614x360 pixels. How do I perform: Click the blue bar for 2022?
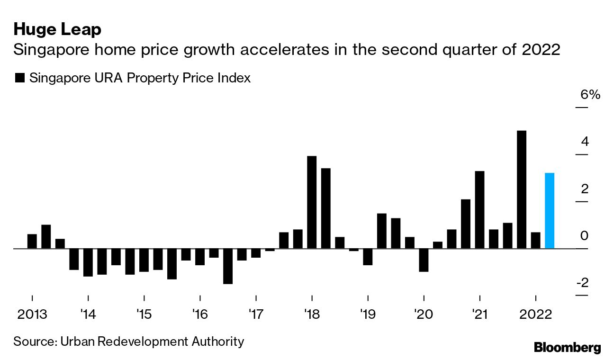[550, 211]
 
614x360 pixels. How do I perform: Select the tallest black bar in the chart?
[522, 189]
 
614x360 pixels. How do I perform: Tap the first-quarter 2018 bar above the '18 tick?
[312, 202]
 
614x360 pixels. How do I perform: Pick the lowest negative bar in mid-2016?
[228, 266]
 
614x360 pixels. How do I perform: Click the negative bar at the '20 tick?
[424, 260]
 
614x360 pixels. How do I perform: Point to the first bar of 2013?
[32, 241]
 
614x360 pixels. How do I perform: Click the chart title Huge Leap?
[57, 30]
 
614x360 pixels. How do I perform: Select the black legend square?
[20, 79]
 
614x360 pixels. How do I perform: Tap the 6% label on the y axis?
[590, 95]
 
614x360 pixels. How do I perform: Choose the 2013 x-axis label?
[32, 315]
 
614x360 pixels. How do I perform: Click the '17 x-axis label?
[255, 315]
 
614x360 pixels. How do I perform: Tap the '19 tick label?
[368, 315]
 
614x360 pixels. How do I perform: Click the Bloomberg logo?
[567, 347]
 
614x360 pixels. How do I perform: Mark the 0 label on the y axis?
[584, 236]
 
